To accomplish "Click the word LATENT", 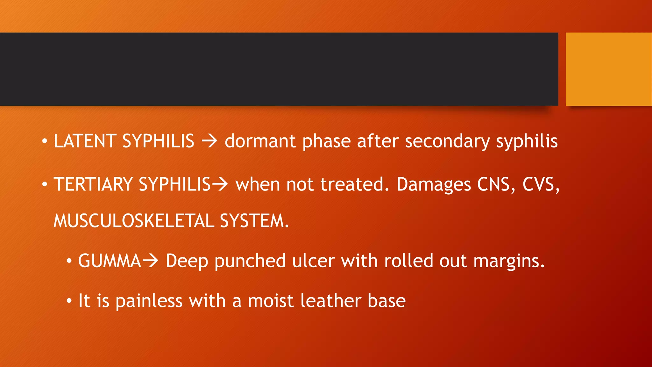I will [x=85, y=141].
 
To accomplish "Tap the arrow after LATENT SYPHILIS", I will [x=209, y=141].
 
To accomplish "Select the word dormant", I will [x=260, y=141].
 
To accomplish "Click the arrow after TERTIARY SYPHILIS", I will [x=220, y=184].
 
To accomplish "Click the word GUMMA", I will [x=110, y=261].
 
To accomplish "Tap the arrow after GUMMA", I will [x=150, y=261].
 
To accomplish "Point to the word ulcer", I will [x=313, y=261].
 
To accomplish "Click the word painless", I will [x=149, y=301].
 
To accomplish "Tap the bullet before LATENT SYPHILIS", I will [x=45, y=141].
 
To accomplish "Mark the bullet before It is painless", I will [x=69, y=301].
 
